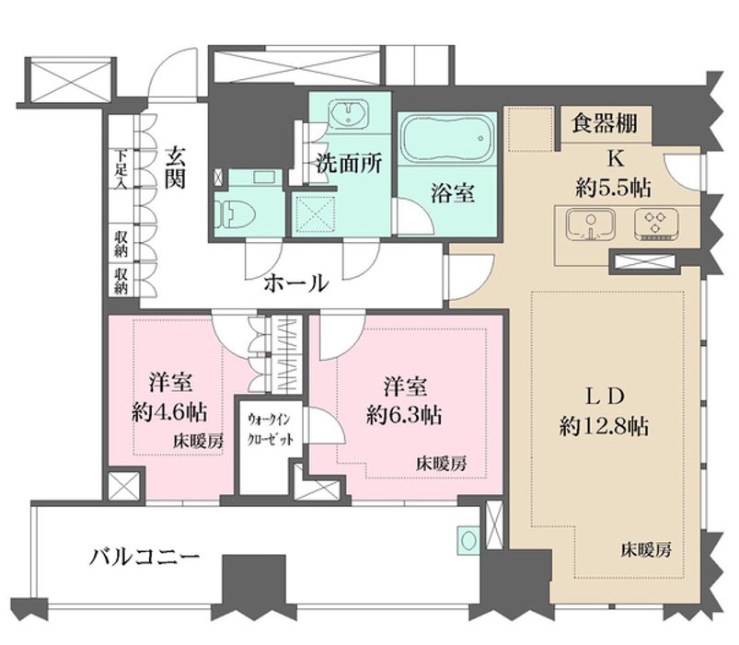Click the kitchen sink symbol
[591, 225]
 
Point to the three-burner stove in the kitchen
[655, 224]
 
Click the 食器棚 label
[605, 123]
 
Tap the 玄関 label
[176, 167]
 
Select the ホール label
[295, 283]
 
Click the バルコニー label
[145, 558]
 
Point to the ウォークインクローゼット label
[271, 429]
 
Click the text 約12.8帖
[604, 427]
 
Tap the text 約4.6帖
[169, 413]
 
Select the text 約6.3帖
[404, 416]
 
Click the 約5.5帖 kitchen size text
[613, 189]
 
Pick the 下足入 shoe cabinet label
[121, 169]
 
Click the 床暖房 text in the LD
[646, 550]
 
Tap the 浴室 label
[453, 192]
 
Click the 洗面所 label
[349, 164]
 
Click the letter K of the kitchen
[615, 160]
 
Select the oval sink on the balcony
[468, 540]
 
